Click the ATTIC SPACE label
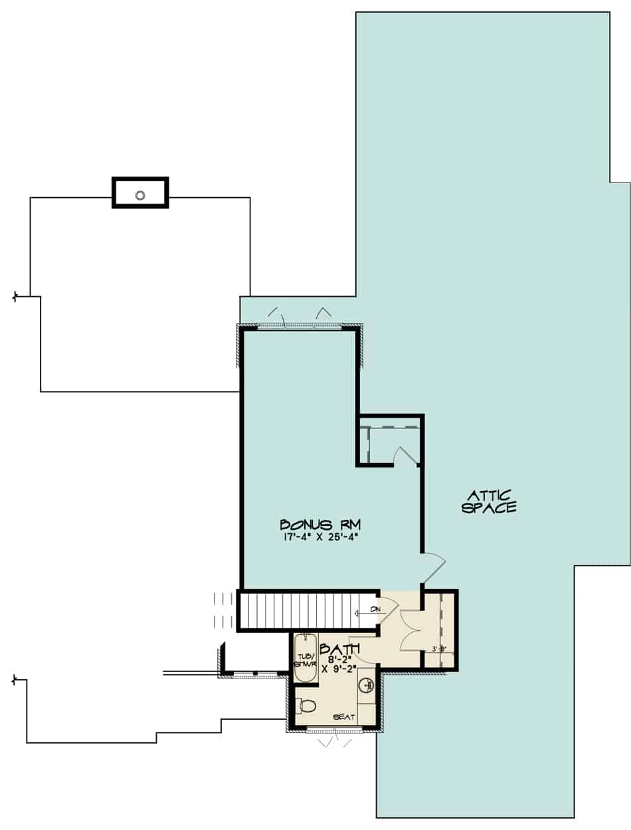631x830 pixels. (x=492, y=501)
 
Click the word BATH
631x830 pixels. (x=339, y=648)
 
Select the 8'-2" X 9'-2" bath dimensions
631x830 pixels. (x=339, y=665)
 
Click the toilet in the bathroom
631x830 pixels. (x=307, y=706)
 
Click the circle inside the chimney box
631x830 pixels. (x=140, y=195)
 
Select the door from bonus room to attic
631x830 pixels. (x=433, y=568)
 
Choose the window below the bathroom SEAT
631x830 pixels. (x=335, y=731)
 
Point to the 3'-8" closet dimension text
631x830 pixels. (x=439, y=649)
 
